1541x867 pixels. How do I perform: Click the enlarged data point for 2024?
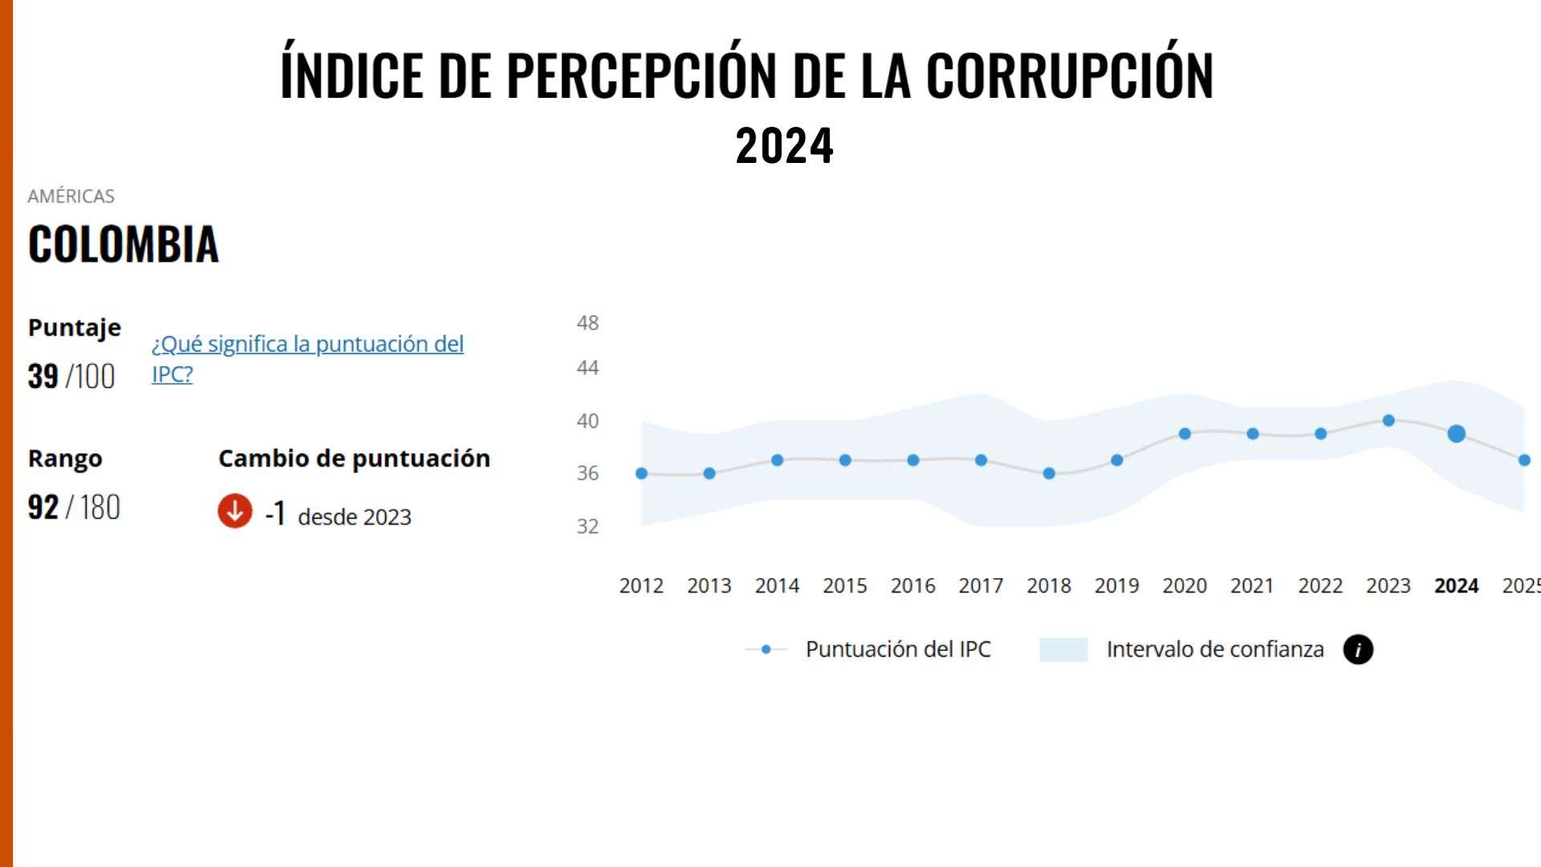(x=1456, y=433)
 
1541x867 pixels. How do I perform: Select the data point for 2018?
(x=1048, y=474)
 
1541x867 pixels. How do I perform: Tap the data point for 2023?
(x=1389, y=421)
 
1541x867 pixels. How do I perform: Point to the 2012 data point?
(x=641, y=474)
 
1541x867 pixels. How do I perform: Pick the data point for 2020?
(x=1185, y=433)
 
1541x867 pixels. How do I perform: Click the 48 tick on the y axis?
(x=588, y=323)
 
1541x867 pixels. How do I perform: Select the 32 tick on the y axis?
(x=588, y=526)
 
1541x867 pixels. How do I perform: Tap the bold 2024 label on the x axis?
(x=1456, y=586)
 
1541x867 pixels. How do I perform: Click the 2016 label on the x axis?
(x=913, y=586)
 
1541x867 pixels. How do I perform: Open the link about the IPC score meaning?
(x=307, y=344)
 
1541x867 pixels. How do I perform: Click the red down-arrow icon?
(x=235, y=511)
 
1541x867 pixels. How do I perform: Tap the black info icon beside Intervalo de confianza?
(x=1358, y=649)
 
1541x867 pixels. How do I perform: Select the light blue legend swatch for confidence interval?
(x=1063, y=649)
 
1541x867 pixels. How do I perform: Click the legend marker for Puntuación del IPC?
(x=766, y=649)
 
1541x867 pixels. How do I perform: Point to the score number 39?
(x=43, y=376)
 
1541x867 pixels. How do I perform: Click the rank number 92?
(x=43, y=507)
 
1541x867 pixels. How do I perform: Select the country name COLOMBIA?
(x=124, y=244)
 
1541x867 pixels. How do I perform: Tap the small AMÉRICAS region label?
(x=71, y=196)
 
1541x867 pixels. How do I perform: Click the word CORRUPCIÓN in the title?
(x=1069, y=75)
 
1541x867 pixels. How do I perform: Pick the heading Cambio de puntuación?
(x=354, y=458)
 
